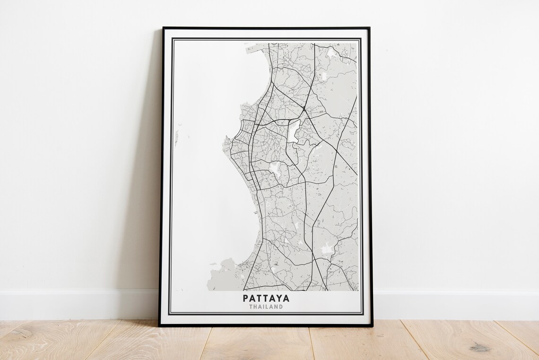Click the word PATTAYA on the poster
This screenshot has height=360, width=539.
point(266,299)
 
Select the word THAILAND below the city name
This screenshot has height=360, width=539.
point(266,307)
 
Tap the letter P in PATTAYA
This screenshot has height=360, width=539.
point(246,299)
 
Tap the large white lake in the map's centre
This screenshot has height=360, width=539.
point(294,131)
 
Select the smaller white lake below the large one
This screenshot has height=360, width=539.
point(274,167)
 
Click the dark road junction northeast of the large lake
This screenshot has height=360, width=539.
point(303,109)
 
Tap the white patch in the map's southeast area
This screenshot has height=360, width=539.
point(326,249)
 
